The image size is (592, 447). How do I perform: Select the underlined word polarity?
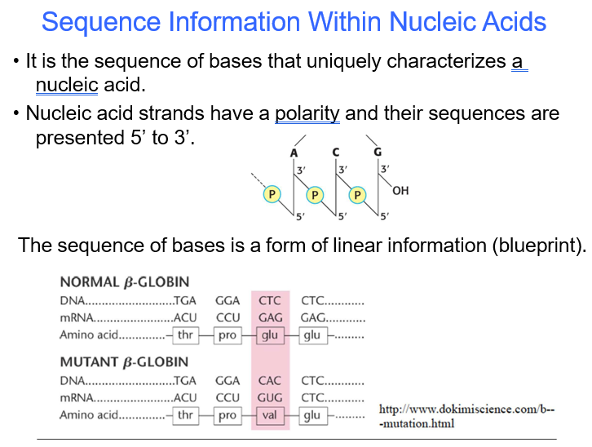(307, 113)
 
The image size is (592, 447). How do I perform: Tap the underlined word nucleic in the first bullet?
(67, 84)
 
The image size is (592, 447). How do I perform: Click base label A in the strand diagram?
(294, 153)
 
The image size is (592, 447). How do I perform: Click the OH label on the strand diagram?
(400, 192)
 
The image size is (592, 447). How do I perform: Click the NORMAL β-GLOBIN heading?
(124, 283)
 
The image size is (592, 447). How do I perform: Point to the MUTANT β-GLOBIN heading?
(124, 362)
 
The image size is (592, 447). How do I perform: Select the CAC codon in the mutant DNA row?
(270, 380)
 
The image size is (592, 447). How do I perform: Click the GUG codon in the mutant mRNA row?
(270, 398)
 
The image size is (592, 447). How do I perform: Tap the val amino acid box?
(270, 416)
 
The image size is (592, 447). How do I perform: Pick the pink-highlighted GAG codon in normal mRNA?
(270, 318)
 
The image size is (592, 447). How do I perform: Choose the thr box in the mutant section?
(186, 416)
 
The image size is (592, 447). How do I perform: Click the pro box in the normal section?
(228, 335)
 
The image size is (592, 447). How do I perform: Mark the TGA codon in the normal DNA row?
(185, 301)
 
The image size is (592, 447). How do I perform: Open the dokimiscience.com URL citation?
(466, 416)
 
